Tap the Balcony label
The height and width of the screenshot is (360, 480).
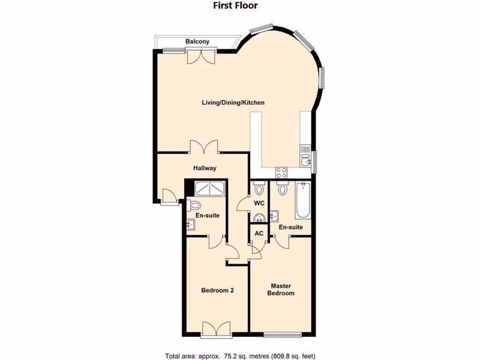[x=197, y=42]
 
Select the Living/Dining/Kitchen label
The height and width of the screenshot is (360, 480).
[x=233, y=103]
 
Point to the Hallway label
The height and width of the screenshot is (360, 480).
[x=205, y=168]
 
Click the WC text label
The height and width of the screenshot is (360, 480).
[x=259, y=203]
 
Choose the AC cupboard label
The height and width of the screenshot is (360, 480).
[x=259, y=233]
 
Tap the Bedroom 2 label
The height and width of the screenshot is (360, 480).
[x=217, y=290]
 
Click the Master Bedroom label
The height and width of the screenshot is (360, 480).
[x=281, y=289]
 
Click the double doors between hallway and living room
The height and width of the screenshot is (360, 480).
[x=204, y=147]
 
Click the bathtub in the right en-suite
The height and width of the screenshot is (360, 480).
[x=303, y=201]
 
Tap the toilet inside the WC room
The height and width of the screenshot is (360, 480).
[x=259, y=189]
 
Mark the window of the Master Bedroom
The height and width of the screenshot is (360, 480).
[x=282, y=335]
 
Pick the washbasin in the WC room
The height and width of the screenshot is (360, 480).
[x=259, y=218]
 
